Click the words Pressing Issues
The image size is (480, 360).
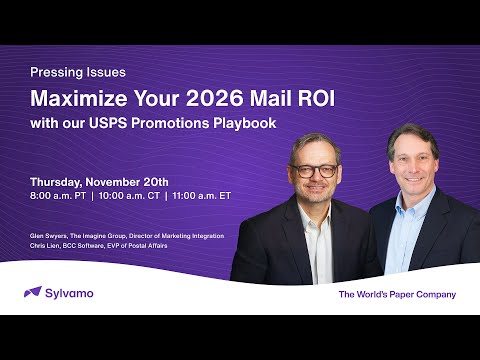point(78,73)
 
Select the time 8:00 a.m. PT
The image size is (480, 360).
point(59,196)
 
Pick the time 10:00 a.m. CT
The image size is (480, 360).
point(129,196)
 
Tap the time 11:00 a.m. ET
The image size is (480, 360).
point(201,196)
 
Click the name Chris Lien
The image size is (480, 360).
point(45,244)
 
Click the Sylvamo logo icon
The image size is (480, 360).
point(32,293)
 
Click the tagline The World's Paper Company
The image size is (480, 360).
point(396,294)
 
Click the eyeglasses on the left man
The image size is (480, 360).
point(315,171)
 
